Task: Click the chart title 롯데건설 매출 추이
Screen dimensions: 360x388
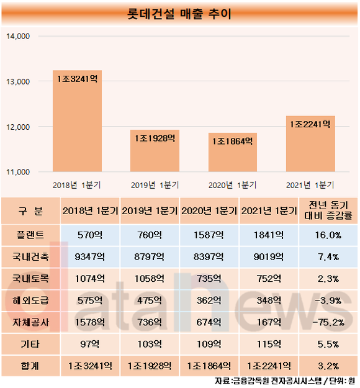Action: click(179, 14)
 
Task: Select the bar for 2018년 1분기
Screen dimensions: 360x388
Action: click(77, 121)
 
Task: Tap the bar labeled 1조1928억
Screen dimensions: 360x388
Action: click(155, 151)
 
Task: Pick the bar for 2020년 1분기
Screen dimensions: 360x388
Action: click(233, 152)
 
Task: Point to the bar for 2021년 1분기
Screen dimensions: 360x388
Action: click(310, 144)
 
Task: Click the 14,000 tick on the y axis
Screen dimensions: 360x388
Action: click(18, 37)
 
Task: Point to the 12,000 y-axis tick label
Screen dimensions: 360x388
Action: click(18, 127)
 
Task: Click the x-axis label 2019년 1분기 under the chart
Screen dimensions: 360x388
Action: click(155, 185)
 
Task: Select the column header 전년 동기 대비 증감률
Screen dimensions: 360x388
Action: click(328, 210)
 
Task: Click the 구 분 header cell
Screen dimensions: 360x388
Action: click(30, 211)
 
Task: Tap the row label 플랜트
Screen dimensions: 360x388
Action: click(30, 235)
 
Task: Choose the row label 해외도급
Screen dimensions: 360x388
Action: click(30, 300)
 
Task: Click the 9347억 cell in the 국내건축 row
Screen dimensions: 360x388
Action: click(90, 256)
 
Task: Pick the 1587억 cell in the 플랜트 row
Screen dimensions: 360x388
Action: click(209, 235)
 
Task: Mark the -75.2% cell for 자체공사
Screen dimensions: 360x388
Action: click(328, 322)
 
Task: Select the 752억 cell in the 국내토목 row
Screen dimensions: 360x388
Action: click(269, 279)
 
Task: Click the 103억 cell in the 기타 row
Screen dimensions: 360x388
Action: click(150, 344)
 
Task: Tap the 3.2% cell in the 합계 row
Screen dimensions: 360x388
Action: click(328, 366)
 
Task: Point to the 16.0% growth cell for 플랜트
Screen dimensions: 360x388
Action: click(328, 235)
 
